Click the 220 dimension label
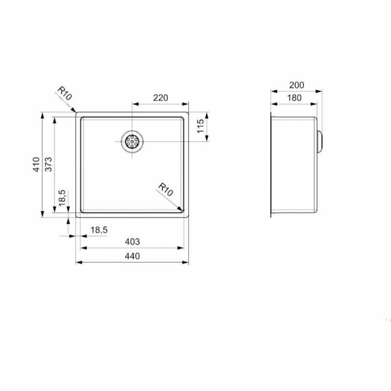(160, 98)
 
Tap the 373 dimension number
(48, 165)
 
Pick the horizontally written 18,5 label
(98, 230)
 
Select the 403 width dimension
(132, 241)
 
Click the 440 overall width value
(132, 256)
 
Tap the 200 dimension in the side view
(297, 85)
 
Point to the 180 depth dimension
(294, 98)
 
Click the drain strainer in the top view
(132, 142)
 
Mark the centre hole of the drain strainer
(132, 142)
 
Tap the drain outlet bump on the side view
(320, 142)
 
